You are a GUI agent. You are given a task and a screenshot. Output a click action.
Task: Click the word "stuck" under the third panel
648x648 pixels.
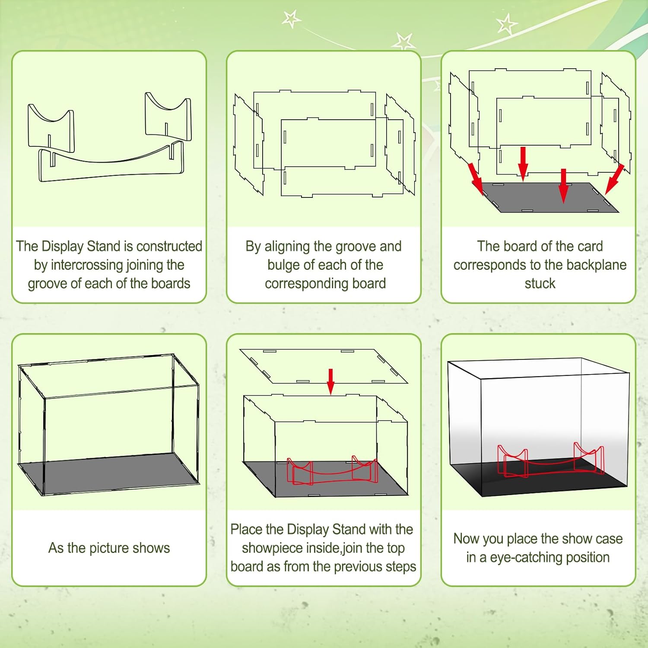[540, 283]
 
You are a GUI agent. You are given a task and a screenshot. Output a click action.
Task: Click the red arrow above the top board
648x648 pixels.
[331, 381]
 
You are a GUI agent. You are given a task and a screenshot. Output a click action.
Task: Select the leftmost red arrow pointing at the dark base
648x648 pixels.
[476, 178]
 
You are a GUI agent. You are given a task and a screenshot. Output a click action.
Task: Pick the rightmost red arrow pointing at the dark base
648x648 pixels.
[614, 179]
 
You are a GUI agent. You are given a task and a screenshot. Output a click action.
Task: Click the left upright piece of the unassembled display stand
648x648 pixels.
[51, 127]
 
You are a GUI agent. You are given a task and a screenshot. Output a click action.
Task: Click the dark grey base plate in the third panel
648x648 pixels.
[550, 197]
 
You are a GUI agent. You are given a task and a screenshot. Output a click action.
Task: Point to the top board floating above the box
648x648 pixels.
[324, 366]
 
